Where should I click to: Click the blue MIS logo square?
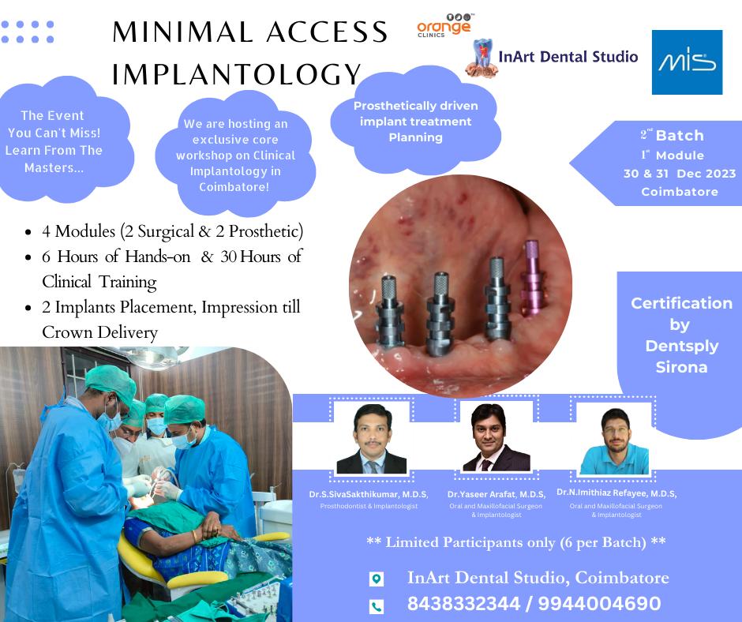point(687,62)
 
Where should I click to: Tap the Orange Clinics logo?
point(444,26)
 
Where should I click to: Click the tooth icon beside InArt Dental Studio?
point(482,58)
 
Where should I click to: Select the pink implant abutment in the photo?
point(532,277)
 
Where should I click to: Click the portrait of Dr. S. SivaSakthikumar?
point(372,439)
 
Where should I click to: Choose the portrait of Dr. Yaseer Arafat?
point(496,437)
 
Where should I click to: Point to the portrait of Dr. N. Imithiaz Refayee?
point(615,440)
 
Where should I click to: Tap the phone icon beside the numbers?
point(377,606)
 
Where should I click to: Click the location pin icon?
point(377,579)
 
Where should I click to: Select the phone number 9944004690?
point(600,604)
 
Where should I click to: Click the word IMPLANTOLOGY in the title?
point(237,74)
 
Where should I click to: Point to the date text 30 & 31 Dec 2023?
point(680,173)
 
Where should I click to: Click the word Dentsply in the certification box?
point(682,346)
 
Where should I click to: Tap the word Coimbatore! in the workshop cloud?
point(234,187)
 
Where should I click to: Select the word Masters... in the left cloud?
point(54,167)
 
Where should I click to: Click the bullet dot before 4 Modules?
point(28,232)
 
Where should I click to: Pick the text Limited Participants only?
point(470,542)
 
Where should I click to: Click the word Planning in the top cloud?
point(415,137)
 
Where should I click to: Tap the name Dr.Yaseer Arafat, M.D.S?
point(497,494)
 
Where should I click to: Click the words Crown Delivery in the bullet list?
point(99,332)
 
